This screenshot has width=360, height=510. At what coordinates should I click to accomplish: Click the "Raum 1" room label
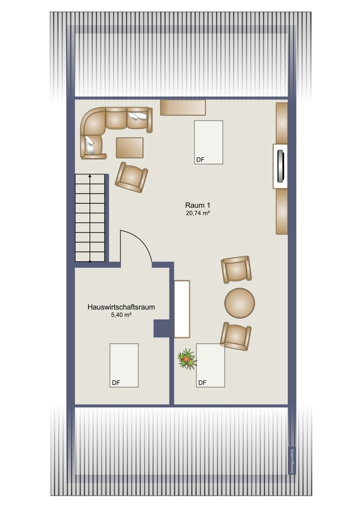(197, 205)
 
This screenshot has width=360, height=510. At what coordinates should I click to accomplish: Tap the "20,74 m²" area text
(197, 213)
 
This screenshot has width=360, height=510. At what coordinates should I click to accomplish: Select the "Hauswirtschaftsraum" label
(121, 307)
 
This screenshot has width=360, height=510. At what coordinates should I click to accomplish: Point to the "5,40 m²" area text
(121, 315)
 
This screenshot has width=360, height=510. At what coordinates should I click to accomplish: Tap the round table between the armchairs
(240, 303)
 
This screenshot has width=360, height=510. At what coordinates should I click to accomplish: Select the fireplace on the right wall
(280, 166)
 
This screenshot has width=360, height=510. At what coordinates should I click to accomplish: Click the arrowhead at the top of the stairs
(90, 176)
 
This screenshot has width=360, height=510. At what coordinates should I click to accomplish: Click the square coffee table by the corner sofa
(130, 148)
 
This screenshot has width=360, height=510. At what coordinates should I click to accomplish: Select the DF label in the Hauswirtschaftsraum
(116, 383)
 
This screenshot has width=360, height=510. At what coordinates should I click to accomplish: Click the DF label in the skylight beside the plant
(202, 383)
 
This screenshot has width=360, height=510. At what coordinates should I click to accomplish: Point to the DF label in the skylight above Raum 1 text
(200, 160)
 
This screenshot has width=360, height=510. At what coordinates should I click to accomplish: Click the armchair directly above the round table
(237, 269)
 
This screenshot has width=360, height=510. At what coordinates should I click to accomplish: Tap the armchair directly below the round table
(236, 336)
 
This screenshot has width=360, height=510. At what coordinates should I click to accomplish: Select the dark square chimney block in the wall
(162, 328)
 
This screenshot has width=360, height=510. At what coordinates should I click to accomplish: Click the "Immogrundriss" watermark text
(292, 461)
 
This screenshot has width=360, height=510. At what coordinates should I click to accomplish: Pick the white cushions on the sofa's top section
(137, 116)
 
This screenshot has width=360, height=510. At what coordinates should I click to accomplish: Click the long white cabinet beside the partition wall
(182, 309)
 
